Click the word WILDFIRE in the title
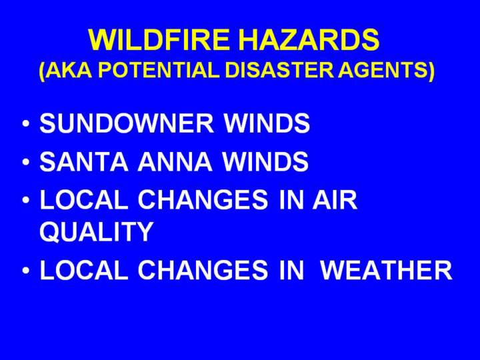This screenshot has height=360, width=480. pos(159,40)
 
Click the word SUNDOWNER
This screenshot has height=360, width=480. pos(127,123)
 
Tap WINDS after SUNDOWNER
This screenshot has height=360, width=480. pos(267,123)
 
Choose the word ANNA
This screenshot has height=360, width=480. pos(175,161)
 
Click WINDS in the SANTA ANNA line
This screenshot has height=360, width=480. pos(265,161)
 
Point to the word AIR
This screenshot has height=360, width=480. pos(335,200)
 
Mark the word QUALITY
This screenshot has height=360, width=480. pos(96,231)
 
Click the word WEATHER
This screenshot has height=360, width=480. pos(386,270)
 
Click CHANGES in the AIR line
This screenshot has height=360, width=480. pos(203,200)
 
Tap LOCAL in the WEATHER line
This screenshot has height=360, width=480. pos(84,270)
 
